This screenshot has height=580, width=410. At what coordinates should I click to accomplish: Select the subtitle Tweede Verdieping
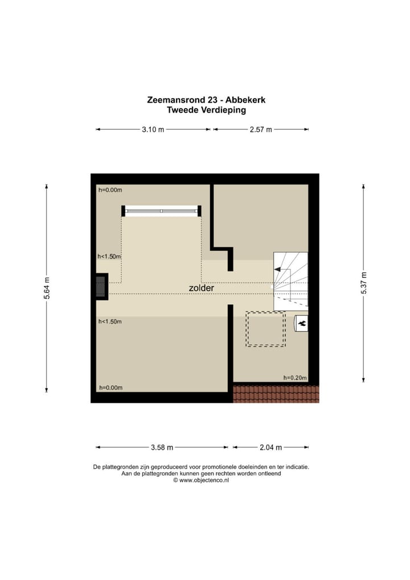coord(206,110)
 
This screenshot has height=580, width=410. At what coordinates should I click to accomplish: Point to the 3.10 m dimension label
coord(153,129)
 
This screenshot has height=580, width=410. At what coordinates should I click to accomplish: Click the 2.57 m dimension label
coord(261,129)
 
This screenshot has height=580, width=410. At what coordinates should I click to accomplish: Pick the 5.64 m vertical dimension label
coord(47,288)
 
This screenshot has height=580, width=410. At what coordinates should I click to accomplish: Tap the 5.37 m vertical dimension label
coord(364,283)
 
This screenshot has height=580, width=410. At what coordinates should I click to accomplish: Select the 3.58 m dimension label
coord(162,447)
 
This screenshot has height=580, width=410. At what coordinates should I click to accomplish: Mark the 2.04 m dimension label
coord(271,447)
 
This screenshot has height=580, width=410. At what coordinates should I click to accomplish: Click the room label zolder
coord(202,288)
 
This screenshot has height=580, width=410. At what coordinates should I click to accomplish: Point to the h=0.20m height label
coord(295,378)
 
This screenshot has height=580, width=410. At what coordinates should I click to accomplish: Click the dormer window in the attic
coord(162,211)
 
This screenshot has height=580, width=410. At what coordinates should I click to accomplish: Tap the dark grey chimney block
coord(101,287)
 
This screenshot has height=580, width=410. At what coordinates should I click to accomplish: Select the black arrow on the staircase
coord(279,271)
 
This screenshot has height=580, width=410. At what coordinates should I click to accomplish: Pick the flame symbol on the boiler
coord(302,324)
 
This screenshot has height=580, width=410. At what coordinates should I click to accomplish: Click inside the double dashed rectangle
coord(265,329)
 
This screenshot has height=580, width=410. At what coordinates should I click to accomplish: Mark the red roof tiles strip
coord(276,394)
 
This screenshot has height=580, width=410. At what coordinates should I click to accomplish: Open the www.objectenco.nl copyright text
coord(201,480)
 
